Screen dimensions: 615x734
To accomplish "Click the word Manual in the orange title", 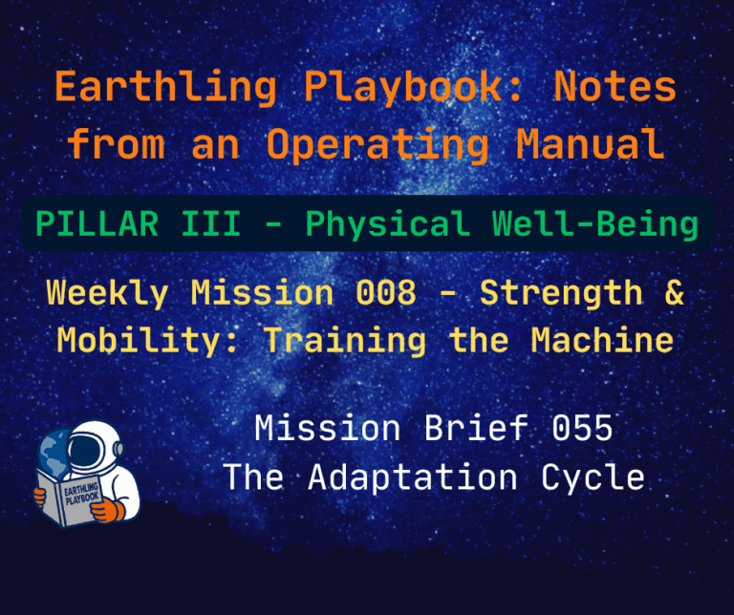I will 591,144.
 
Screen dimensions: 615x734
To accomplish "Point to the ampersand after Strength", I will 674,292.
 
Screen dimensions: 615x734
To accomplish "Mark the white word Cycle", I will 593,477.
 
